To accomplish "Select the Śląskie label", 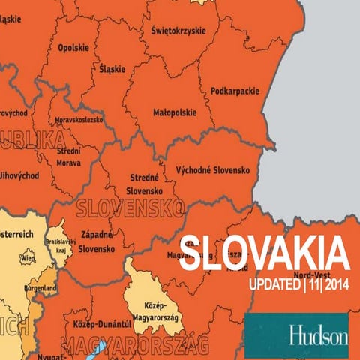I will point(112,68).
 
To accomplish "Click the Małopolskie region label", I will point(175,113).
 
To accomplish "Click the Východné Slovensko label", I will point(212,170).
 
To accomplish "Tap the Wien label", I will point(28,258).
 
